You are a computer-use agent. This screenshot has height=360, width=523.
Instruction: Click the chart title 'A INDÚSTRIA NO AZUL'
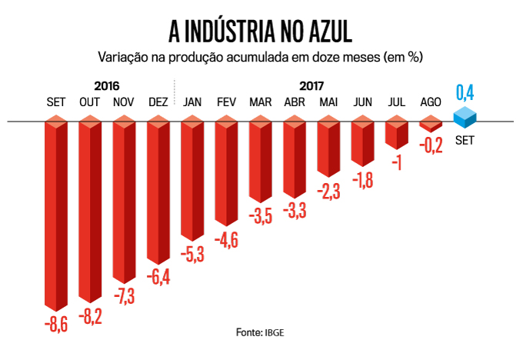click(261, 30)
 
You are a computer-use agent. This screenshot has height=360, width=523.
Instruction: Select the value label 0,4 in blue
click(465, 93)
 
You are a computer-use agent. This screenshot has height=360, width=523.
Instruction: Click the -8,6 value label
click(56, 324)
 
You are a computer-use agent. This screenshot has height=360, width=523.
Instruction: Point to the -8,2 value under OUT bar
click(91, 315)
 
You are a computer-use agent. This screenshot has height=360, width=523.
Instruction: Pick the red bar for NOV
click(125, 200)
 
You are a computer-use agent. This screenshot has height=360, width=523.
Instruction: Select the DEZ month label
click(158, 102)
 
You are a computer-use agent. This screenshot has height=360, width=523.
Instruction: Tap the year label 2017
click(311, 85)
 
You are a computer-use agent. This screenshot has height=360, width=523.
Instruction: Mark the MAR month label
click(260, 102)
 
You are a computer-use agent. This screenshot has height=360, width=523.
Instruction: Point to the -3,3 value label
click(295, 208)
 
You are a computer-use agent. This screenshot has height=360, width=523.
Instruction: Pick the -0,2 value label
click(431, 145)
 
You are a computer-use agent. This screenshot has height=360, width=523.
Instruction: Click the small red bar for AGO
click(431, 124)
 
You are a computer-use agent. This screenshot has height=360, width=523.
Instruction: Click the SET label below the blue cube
click(464, 141)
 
